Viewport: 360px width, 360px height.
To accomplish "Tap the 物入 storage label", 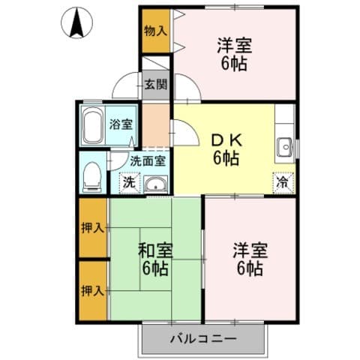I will pyautogui.click(x=156, y=31).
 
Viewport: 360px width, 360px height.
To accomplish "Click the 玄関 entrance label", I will pyautogui.click(x=157, y=84).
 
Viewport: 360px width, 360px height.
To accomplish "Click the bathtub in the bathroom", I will pyautogui.click(x=94, y=127).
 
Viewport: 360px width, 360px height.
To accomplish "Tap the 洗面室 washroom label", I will pyautogui.click(x=148, y=160).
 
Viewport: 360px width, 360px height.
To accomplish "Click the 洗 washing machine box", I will pyautogui.click(x=129, y=182).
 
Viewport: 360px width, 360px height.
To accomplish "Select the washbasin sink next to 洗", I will pyautogui.click(x=155, y=184).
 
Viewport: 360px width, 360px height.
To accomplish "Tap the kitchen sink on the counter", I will pyautogui.click(x=284, y=147).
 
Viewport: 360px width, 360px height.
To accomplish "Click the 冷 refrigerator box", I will pyautogui.click(x=283, y=181).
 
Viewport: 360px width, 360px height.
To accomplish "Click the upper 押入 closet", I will pyautogui.click(x=94, y=227).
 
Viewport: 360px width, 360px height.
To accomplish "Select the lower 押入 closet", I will pyautogui.click(x=94, y=289).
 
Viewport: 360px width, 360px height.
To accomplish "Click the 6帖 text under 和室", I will pyautogui.click(x=157, y=268).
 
